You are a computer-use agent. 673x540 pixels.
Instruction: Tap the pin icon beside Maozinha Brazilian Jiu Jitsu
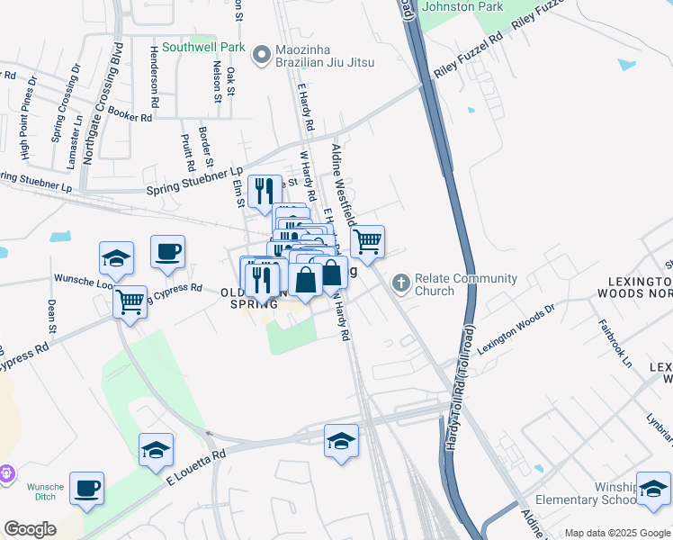[262, 56]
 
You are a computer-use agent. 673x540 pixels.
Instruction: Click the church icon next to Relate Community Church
[401, 284]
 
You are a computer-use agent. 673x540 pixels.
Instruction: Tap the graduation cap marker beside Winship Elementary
[653, 489]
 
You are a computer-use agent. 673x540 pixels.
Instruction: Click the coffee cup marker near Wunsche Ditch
[87, 489]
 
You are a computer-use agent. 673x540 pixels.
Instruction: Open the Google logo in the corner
[30, 528]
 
